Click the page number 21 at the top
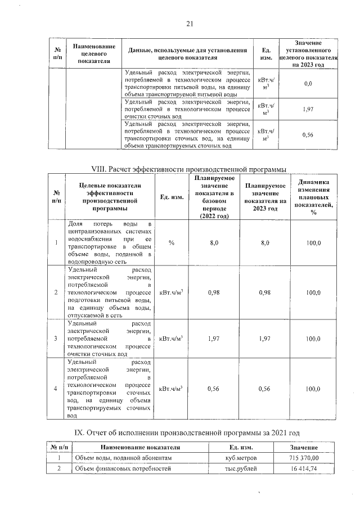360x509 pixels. [190, 24]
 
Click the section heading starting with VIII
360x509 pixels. [190, 170]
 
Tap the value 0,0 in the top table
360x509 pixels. [308, 83]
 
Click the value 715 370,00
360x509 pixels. [304, 458]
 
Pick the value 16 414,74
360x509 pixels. [304, 468]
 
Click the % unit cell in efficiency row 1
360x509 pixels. [171, 242]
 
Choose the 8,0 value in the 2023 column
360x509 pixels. [265, 242]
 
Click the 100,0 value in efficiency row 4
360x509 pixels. [313, 389]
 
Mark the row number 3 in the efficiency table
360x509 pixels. [55, 339]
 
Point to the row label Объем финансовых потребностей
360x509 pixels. [123, 468]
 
